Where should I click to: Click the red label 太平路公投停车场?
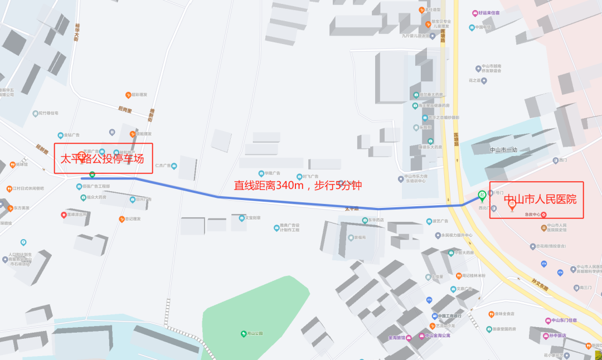click(103, 159)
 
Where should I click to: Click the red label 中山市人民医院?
click(540, 200)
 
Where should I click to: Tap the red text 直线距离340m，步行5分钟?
click(298, 186)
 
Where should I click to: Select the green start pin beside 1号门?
click(482, 196)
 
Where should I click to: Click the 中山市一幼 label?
click(503, 150)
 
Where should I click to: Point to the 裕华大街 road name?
click(76, 32)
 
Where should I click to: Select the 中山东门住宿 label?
click(564, 320)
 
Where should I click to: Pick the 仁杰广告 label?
click(165, 166)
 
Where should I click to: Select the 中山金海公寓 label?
click(437, 335)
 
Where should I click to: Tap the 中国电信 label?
click(483, 27)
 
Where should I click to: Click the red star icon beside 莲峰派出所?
click(64, 215)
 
